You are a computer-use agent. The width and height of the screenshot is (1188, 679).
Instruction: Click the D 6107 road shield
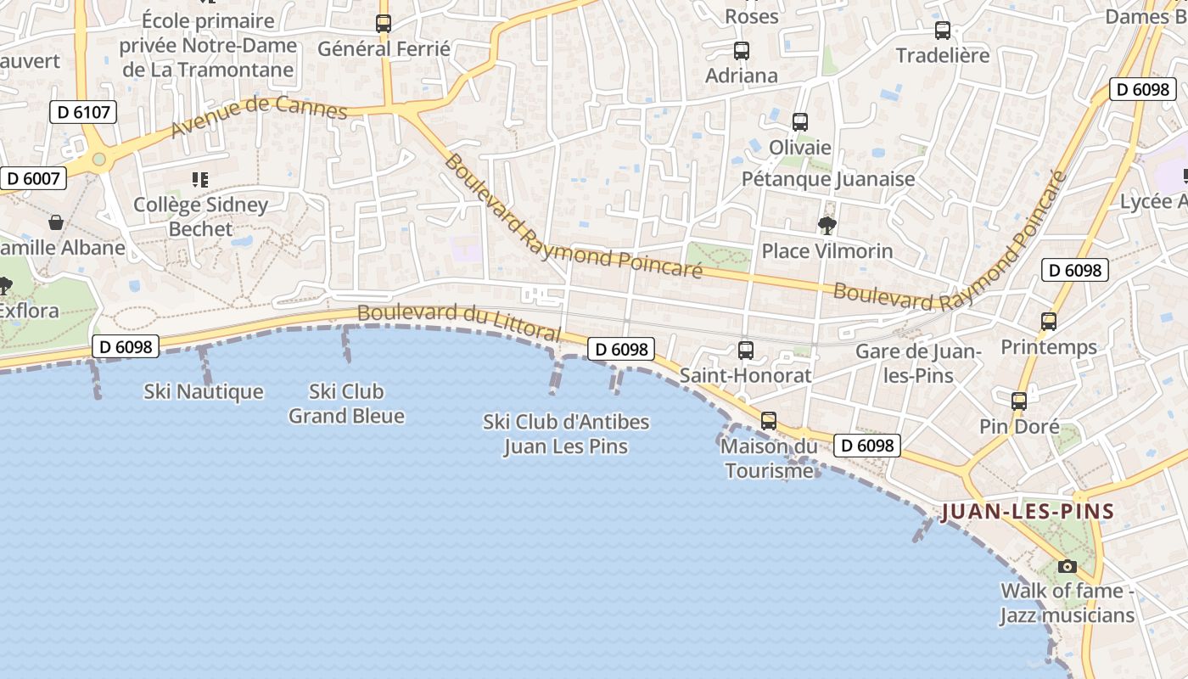(82, 112)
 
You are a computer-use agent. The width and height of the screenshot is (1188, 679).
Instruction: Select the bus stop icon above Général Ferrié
(384, 24)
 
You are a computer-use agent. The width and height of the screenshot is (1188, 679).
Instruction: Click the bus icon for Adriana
(742, 50)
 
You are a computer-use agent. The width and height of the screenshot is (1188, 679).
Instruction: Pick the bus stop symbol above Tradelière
(943, 31)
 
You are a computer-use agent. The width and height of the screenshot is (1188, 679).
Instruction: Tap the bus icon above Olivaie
(800, 122)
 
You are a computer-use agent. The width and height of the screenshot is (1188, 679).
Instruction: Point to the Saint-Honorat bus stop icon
(746, 350)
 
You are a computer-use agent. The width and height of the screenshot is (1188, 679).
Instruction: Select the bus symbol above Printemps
(1049, 322)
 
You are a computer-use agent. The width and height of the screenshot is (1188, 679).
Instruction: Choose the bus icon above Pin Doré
(1019, 401)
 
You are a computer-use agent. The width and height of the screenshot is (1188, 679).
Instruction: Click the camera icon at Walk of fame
(1067, 566)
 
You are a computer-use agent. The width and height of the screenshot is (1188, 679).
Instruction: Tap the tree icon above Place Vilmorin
(827, 226)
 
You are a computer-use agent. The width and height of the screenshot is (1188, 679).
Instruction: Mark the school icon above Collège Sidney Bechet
(200, 179)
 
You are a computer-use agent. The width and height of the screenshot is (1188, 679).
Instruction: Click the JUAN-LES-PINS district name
(1028, 512)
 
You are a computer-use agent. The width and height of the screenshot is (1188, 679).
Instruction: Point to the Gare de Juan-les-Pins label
(918, 363)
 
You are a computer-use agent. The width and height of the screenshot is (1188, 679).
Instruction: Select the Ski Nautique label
(204, 392)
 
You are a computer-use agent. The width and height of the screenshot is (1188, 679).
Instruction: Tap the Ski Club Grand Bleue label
(346, 404)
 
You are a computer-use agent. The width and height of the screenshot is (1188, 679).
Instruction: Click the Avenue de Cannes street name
(259, 116)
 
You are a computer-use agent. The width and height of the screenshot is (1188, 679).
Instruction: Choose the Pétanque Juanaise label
(828, 179)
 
